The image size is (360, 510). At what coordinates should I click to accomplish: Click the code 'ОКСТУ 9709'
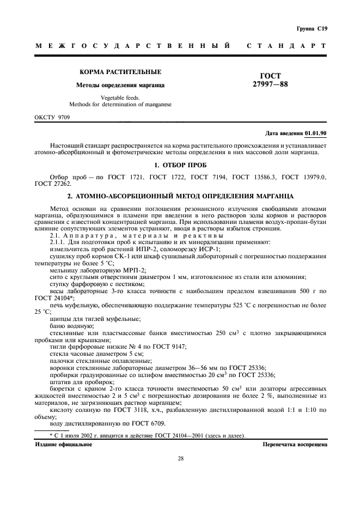pyautogui.click(x=52, y=117)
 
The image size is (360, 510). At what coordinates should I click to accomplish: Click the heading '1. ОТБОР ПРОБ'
pyautogui.click(x=180, y=165)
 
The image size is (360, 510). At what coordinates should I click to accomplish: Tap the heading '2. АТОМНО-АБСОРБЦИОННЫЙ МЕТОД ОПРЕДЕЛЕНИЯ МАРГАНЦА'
pyautogui.click(x=180, y=195)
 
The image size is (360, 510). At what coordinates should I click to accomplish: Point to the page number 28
pyautogui.click(x=180, y=458)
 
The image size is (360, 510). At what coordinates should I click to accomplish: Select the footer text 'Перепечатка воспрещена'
pyautogui.click(x=294, y=445)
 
